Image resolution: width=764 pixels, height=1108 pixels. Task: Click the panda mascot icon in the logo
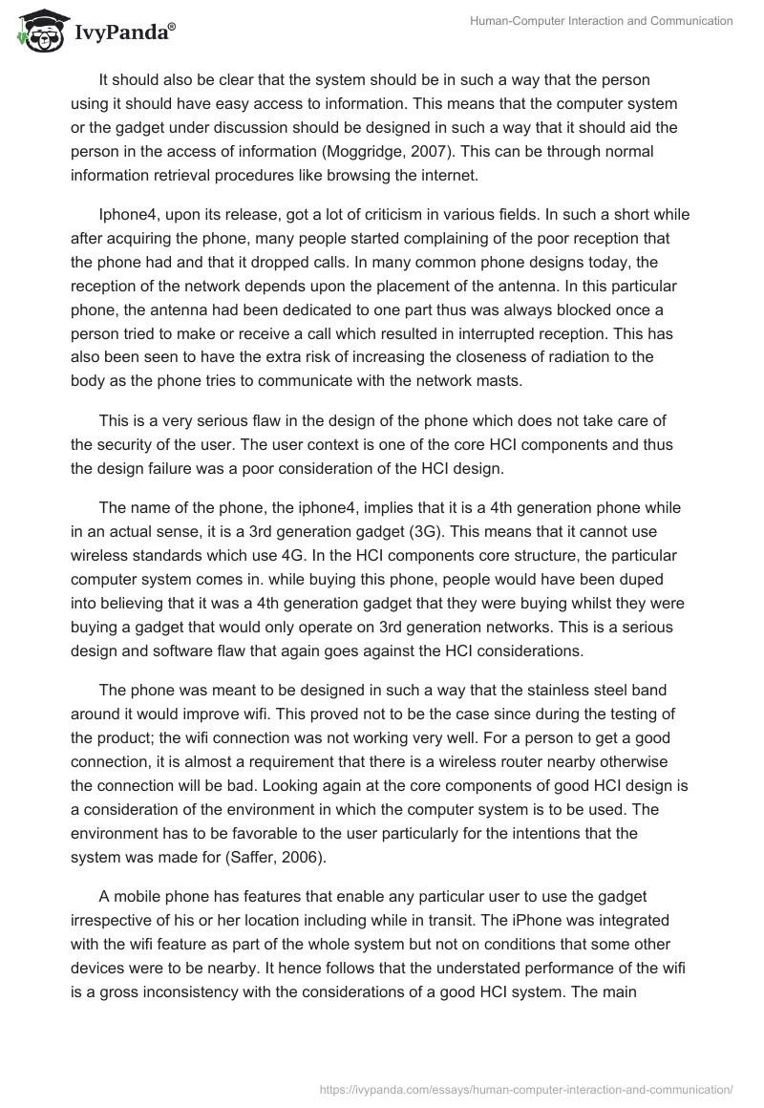(x=36, y=30)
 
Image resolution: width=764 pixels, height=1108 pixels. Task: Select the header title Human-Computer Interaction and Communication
(x=600, y=21)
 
